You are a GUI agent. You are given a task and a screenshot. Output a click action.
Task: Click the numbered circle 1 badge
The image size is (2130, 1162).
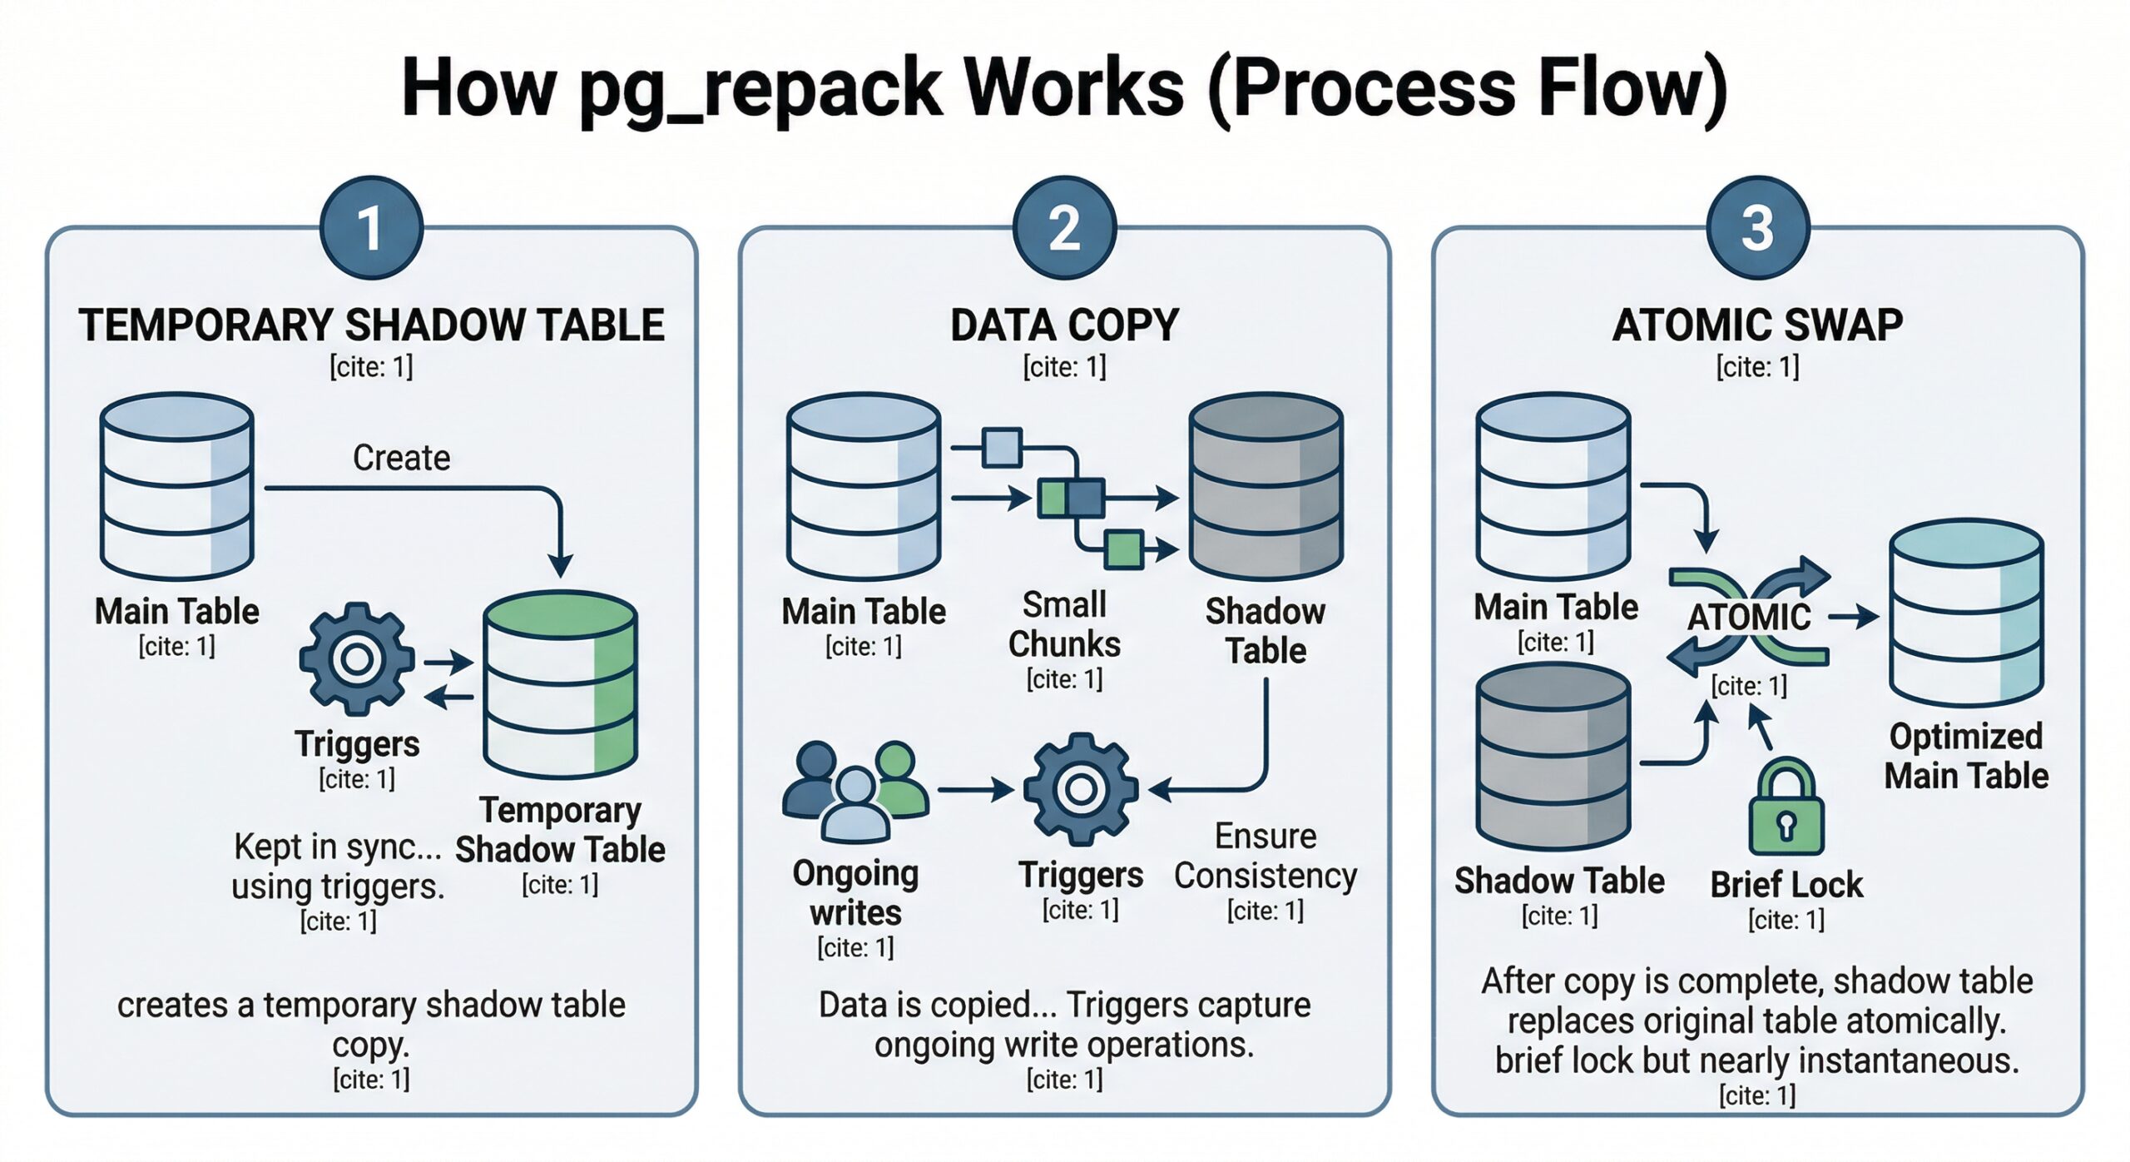(371, 227)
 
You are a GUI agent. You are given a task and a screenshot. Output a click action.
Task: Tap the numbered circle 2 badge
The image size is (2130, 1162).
(1064, 227)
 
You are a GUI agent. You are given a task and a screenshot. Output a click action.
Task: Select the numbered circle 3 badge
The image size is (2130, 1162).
(1757, 227)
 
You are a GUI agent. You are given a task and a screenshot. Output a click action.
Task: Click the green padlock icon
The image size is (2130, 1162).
(1786, 807)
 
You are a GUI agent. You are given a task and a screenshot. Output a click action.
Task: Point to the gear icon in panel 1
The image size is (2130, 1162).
(357, 658)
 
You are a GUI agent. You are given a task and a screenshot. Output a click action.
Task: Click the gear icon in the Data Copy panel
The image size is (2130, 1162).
(1080, 788)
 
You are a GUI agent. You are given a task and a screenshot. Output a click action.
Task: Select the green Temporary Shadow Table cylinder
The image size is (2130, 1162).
(560, 683)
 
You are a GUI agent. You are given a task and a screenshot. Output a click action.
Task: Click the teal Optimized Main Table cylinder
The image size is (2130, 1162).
(1965, 613)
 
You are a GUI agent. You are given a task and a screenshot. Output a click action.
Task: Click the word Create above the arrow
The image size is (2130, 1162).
(401, 458)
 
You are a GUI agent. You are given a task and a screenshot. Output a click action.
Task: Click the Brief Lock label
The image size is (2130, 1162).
(1786, 884)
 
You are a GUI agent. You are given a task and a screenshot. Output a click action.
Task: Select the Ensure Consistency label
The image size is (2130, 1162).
(1265, 856)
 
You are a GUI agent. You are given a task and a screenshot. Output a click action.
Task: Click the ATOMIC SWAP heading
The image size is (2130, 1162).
(1757, 325)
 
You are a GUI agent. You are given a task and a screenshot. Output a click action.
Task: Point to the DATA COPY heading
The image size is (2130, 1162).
(1064, 325)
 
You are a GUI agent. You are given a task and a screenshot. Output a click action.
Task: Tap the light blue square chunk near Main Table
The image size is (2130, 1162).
(1002, 448)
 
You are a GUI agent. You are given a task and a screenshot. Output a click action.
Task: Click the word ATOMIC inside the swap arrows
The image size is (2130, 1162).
(1748, 618)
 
